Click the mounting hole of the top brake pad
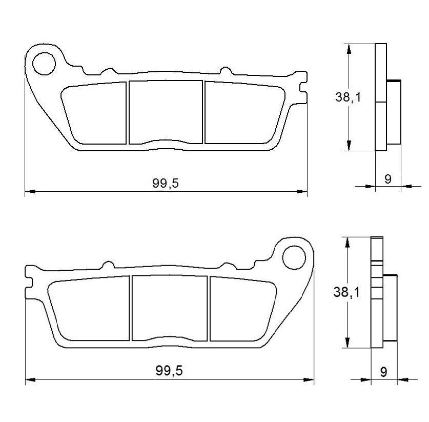[44, 64]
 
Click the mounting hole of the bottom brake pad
[294, 256]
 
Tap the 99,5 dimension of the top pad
[165, 183]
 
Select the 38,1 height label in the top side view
[349, 97]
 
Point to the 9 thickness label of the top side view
[387, 179]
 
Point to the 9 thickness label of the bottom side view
[383, 372]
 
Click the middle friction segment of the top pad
[165, 112]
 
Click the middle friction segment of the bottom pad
[170, 308]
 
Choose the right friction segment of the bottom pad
[240, 310]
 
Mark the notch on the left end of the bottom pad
[29, 282]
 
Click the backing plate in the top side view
[380, 97]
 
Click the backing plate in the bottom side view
[376, 293]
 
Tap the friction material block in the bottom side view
[390, 308]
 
